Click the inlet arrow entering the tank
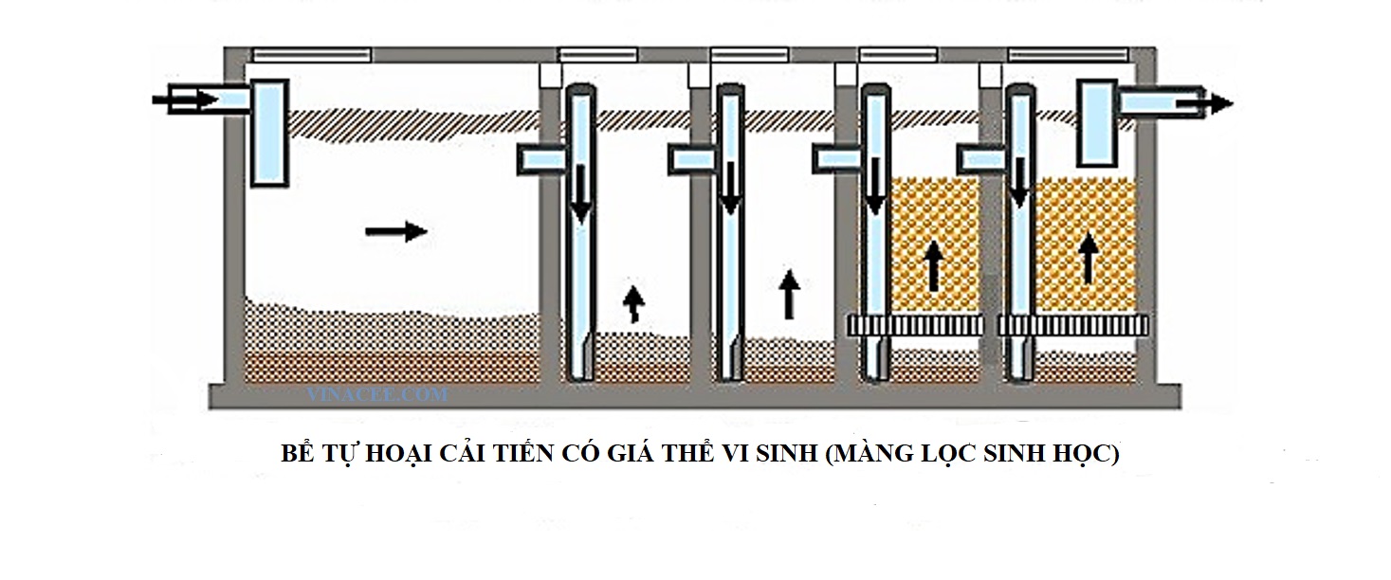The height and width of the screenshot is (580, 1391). point(184,98)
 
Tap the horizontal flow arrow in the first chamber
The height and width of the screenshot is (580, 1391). point(396,229)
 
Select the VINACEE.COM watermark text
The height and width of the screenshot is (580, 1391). point(377,394)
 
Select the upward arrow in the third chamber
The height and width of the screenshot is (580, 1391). point(788,295)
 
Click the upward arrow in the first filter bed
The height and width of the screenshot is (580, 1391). point(935,265)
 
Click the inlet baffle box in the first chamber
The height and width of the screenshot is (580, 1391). point(268,132)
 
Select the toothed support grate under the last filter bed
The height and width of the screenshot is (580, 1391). point(1073,325)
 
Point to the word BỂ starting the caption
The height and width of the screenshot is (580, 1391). point(297,453)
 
